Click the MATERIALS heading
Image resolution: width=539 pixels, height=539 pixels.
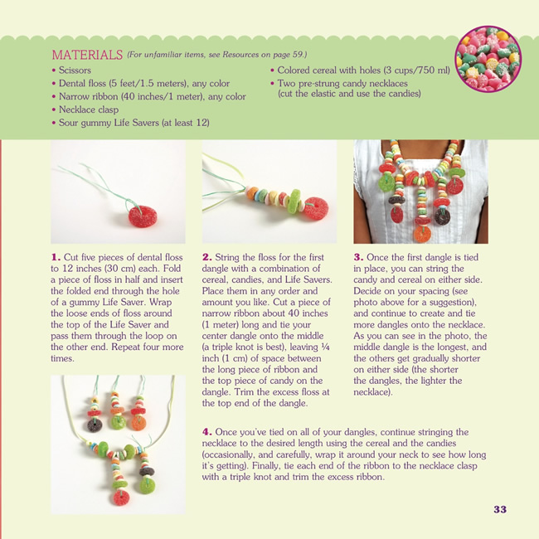[87, 55]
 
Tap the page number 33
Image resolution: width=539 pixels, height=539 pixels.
[500, 509]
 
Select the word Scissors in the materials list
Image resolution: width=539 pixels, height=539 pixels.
[75, 70]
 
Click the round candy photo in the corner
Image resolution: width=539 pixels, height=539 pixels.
[488, 59]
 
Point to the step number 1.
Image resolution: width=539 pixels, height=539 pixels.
[56, 257]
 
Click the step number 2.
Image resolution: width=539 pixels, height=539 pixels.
[207, 257]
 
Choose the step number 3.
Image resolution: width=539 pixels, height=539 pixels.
[358, 257]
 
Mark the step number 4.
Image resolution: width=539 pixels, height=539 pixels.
[207, 432]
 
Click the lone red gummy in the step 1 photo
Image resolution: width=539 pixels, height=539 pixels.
[143, 217]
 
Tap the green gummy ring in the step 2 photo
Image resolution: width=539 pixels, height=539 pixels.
[294, 202]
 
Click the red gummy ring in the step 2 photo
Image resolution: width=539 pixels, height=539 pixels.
[316, 208]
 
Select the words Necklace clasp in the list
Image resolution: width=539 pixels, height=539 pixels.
[89, 109]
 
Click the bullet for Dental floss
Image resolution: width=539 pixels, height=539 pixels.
[54, 84]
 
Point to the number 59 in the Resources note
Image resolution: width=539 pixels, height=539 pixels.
[298, 54]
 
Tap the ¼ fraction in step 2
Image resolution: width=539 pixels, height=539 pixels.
[325, 347]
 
